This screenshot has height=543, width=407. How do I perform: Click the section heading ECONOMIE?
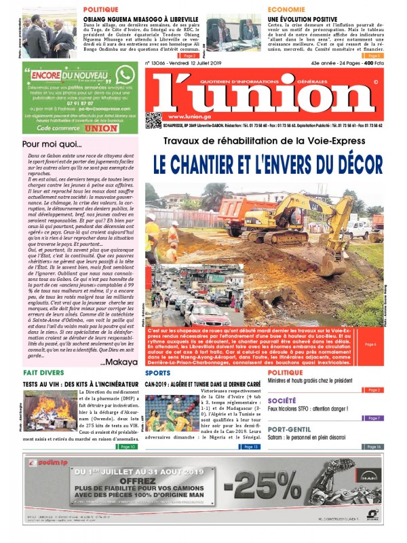tap(267, 10)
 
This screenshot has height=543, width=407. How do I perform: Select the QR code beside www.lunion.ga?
tap(154, 121)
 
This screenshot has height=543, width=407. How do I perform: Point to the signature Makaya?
tap(119, 362)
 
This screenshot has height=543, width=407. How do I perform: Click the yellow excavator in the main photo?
tap(318, 225)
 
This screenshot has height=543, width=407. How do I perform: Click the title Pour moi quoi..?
tap(47, 144)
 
